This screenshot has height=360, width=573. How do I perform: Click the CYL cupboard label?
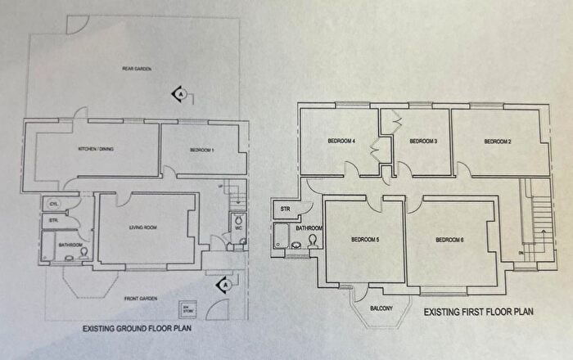[x=54, y=203]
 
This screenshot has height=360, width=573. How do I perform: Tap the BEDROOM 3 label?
[x=423, y=142]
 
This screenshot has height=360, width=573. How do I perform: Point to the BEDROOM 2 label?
[x=497, y=142]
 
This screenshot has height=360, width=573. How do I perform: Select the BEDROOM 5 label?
[x=366, y=239]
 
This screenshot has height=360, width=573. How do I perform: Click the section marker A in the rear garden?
[x=176, y=94]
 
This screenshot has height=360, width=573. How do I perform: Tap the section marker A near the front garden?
[x=220, y=285]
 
